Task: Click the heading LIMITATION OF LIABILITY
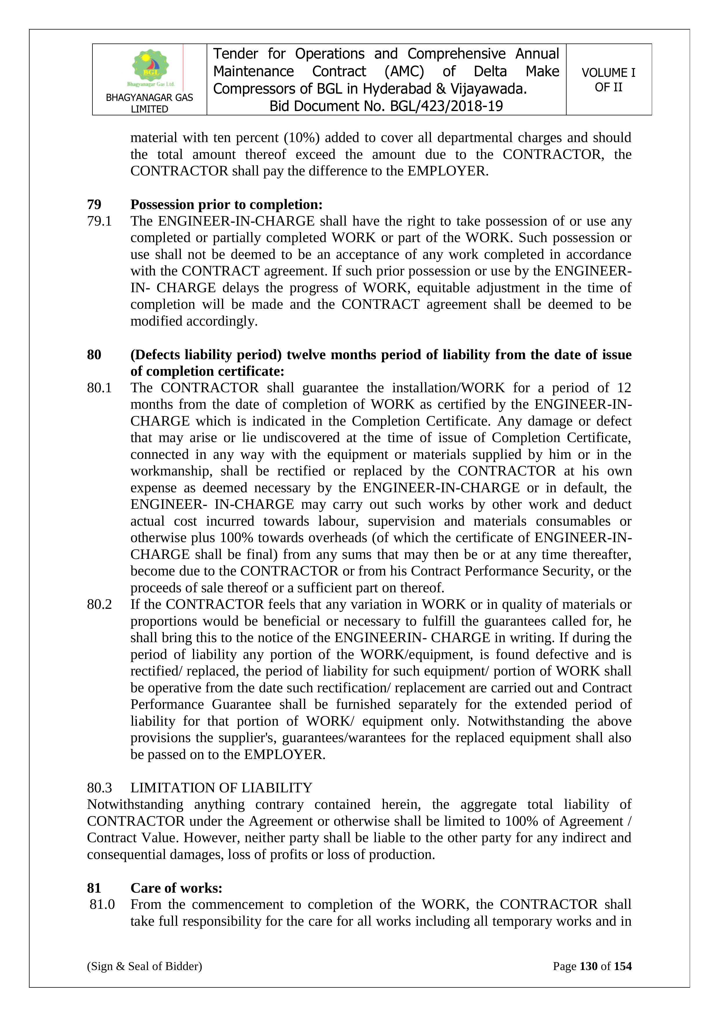point(221,788)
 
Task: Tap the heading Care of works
point(176,888)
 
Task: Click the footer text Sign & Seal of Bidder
point(144,966)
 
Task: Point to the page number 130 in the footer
point(588,966)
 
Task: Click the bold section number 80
point(94,354)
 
